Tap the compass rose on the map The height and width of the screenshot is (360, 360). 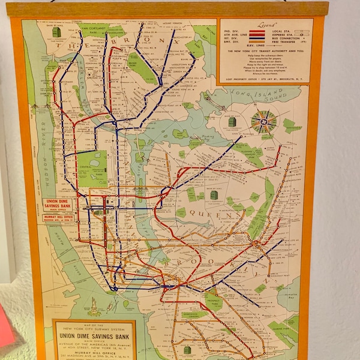tap(263, 122)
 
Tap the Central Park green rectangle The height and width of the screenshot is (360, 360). tap(92, 168)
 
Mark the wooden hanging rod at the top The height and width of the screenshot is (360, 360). tap(168, 9)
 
